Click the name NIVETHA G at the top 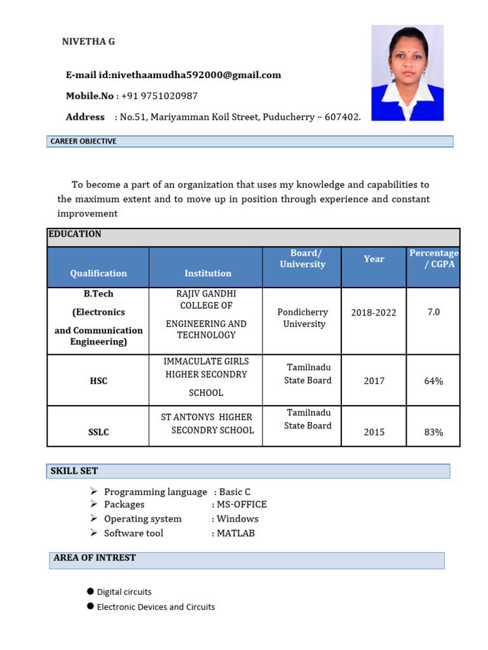[88, 42]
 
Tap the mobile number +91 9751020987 [159, 96]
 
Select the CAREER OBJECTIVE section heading [84, 141]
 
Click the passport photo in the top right [407, 73]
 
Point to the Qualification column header [98, 273]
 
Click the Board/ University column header [302, 259]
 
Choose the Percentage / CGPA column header [433, 259]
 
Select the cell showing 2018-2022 [374, 312]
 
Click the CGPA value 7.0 [433, 312]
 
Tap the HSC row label [98, 381]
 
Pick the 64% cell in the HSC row [433, 381]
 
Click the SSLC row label [98, 432]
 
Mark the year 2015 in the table [374, 432]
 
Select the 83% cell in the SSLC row [433, 432]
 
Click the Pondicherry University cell [302, 318]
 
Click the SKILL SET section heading [74, 471]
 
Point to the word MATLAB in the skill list [236, 533]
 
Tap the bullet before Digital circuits [90, 592]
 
